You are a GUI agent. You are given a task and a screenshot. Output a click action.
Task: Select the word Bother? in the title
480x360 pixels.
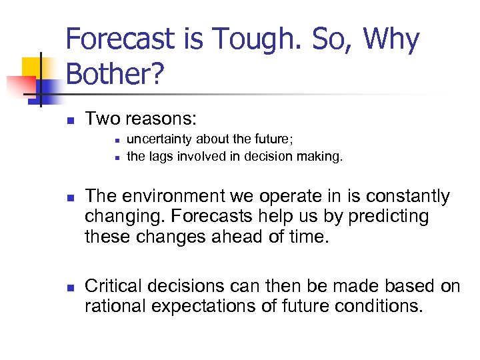coord(114,74)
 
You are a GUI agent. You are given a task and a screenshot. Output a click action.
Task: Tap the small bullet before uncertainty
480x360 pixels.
coord(117,141)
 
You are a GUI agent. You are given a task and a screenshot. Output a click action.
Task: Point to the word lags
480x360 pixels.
coord(158,157)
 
